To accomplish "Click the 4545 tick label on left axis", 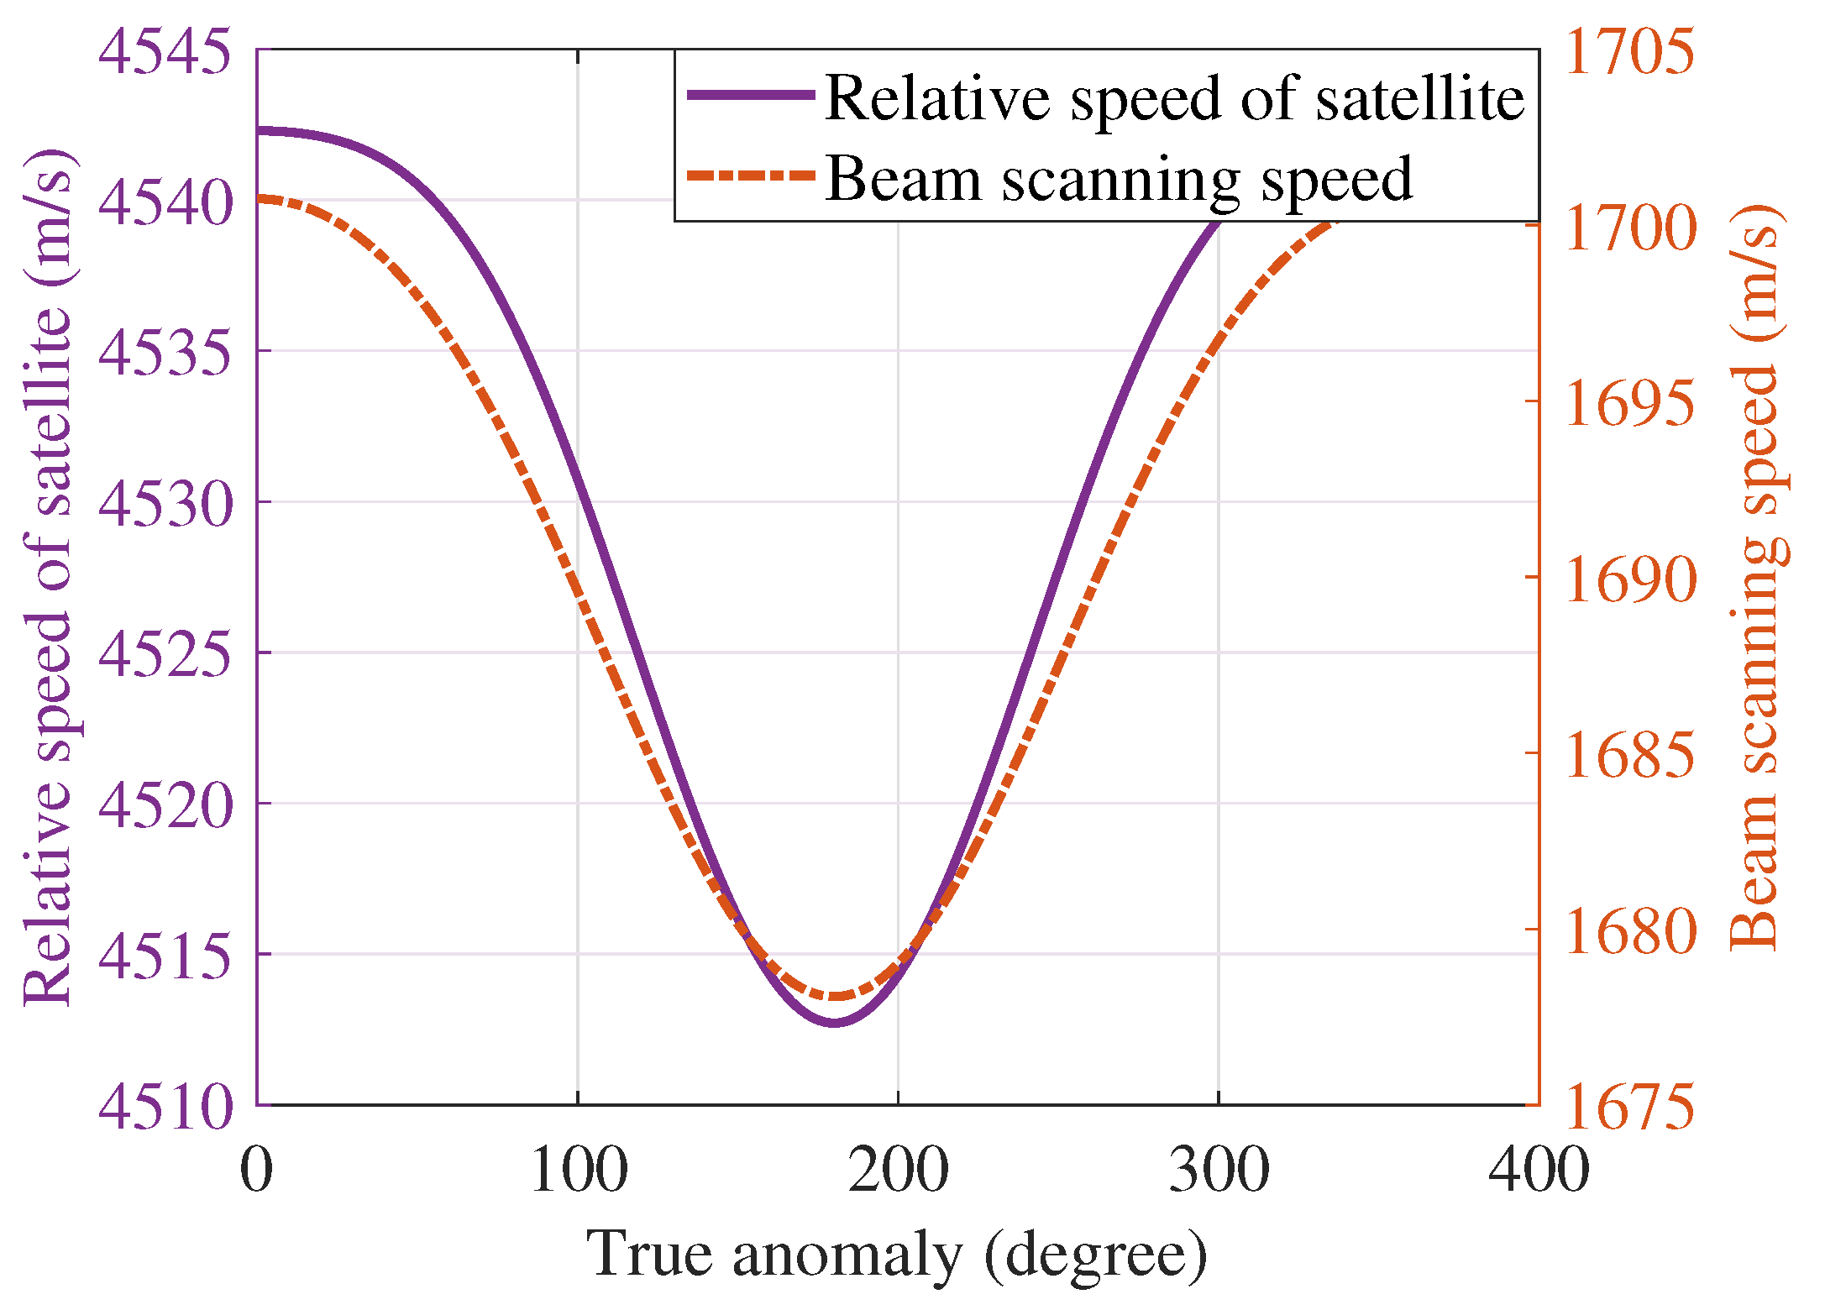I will click(165, 52).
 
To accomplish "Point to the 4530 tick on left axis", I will click(165, 504).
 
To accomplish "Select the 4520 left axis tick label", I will click(165, 804).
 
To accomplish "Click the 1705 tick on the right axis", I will click(1629, 52).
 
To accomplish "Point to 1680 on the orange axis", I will click(1629, 930).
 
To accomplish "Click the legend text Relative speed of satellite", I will click(1174, 98).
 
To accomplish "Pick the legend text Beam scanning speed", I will click(1119, 178).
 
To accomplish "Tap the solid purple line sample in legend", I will click(751, 95).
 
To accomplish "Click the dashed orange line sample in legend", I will click(751, 176).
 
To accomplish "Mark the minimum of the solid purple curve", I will click(834, 1022).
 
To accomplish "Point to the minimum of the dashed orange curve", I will click(834, 996).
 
